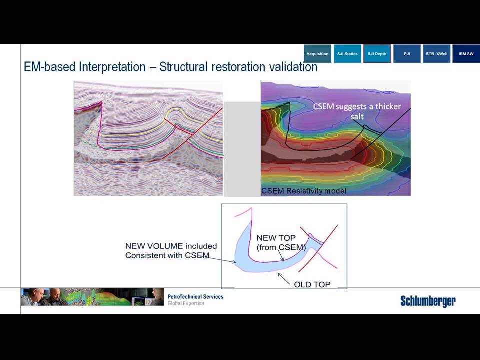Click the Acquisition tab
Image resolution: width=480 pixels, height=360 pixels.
pyautogui.click(x=318, y=54)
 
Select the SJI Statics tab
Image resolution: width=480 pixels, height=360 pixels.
pyautogui.click(x=347, y=54)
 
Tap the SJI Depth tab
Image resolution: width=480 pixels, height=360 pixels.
pyautogui.click(x=377, y=54)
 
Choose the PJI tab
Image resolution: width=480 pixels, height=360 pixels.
pyautogui.click(x=407, y=54)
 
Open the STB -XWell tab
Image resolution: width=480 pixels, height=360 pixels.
pyautogui.click(x=437, y=54)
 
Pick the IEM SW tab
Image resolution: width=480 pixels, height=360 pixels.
pyautogui.click(x=466, y=54)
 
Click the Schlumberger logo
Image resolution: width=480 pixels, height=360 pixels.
pyautogui.click(x=428, y=301)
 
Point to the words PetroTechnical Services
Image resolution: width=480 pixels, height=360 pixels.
pyautogui.click(x=195, y=296)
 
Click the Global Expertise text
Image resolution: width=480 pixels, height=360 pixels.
pyautogui.click(x=186, y=303)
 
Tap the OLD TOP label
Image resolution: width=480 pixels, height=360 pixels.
pyautogui.click(x=312, y=284)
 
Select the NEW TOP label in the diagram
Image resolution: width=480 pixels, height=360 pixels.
pyautogui.click(x=276, y=238)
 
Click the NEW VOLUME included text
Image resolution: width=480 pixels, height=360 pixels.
pyautogui.click(x=171, y=246)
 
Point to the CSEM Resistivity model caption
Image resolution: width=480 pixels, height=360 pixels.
pyautogui.click(x=303, y=191)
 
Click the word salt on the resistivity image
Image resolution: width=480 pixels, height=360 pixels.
pyautogui.click(x=357, y=116)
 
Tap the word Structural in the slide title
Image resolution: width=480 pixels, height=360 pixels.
pyautogui.click(x=183, y=67)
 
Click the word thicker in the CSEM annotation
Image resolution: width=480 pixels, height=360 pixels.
pyautogui.click(x=388, y=106)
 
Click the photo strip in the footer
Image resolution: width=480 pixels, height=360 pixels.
pyautogui.click(x=92, y=297)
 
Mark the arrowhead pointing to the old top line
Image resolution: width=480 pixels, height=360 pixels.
pyautogui.click(x=279, y=274)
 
